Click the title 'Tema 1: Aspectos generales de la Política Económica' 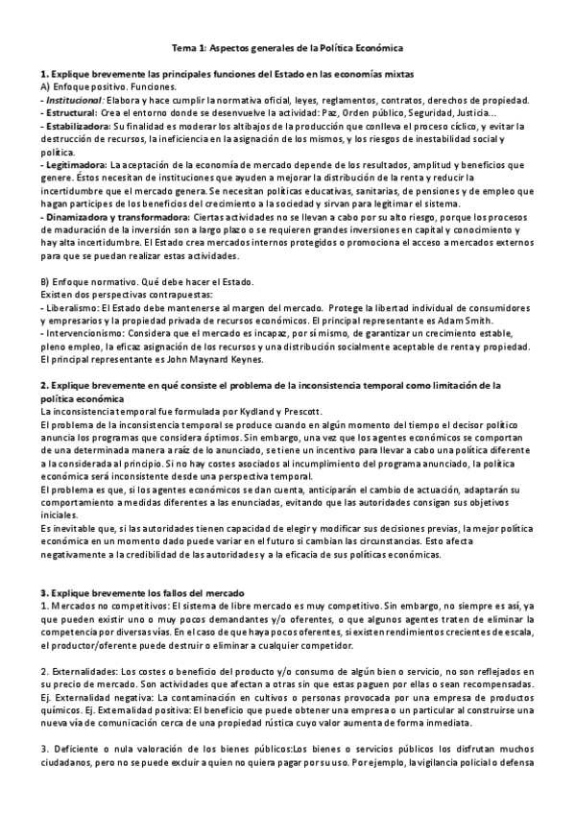[x=287, y=46]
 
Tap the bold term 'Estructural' [x=75, y=112]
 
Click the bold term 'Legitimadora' [x=77, y=165]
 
